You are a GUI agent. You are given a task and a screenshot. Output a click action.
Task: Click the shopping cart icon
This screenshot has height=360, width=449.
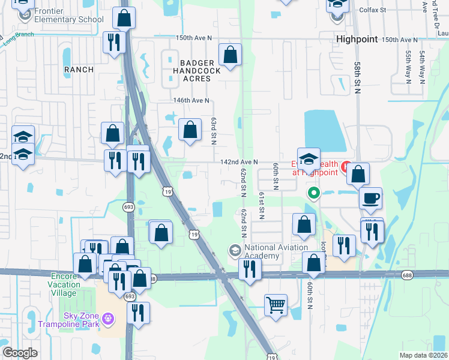[276, 304]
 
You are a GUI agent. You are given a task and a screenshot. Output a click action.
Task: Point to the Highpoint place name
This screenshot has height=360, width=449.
[357, 39]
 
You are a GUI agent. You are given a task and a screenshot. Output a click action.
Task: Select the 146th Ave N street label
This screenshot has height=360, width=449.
[191, 101]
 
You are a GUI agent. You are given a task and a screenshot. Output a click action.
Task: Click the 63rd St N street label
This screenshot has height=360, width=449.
[213, 131]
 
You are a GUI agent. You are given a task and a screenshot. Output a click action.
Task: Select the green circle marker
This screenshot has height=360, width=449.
[313, 193]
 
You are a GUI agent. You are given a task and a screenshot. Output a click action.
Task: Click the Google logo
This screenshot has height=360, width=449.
[20, 353]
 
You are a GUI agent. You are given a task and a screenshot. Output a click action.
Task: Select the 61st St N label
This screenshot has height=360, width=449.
[262, 206]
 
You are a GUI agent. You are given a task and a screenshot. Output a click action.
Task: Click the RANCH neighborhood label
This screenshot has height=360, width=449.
[79, 70]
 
